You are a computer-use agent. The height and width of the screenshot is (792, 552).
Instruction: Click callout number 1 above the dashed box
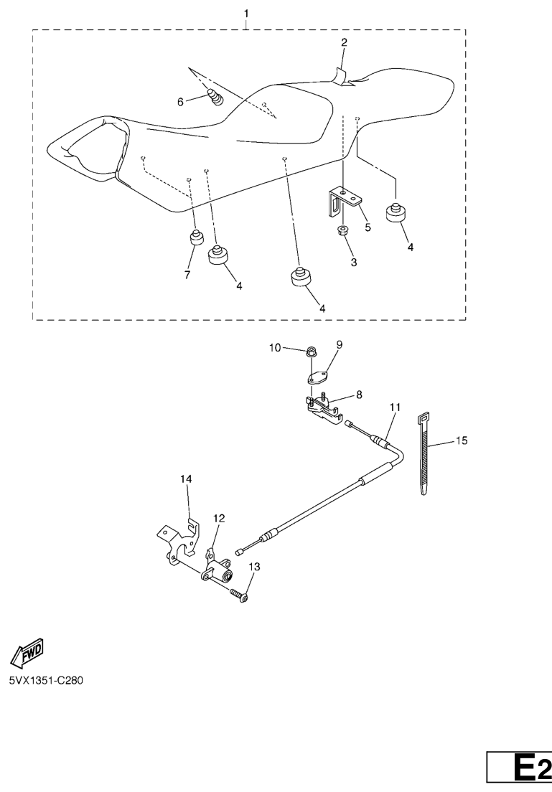[246, 14]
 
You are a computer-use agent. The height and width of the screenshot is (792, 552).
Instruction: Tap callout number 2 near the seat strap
[344, 42]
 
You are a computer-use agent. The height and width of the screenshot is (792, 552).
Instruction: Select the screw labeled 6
[216, 96]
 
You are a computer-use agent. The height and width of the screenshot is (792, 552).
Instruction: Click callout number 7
[187, 275]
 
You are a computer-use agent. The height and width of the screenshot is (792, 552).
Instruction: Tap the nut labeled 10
[312, 351]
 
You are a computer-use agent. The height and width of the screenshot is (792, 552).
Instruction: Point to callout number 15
[462, 440]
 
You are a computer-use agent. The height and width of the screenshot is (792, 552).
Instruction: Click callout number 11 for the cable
[395, 407]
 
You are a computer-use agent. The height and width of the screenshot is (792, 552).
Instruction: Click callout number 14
[186, 478]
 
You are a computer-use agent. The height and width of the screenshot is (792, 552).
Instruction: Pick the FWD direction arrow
[27, 651]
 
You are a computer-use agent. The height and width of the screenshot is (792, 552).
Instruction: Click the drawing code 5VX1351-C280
[46, 680]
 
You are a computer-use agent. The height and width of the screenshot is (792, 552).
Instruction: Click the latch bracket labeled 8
[324, 407]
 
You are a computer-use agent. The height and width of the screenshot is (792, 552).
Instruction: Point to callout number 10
[274, 347]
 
